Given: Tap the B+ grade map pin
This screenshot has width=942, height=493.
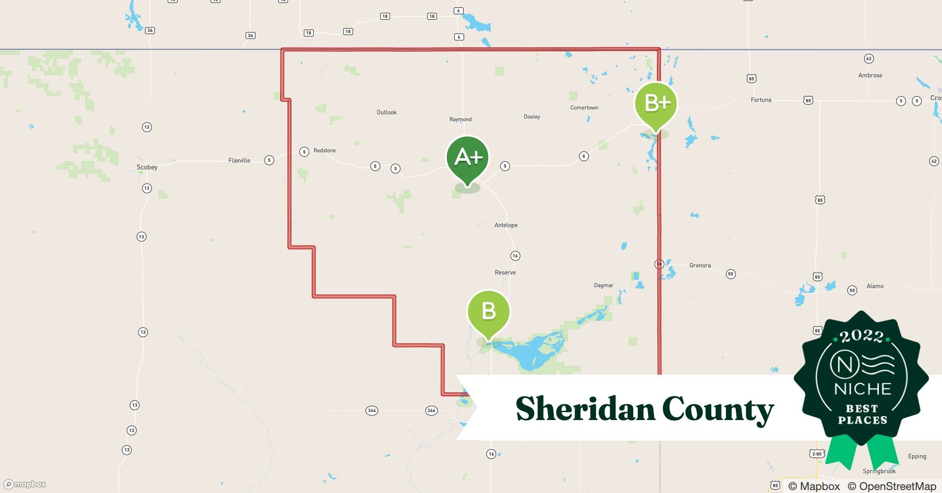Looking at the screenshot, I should pos(656,104).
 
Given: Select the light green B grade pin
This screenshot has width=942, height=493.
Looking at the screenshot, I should pos(488,312).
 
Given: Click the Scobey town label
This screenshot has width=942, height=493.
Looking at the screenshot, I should pos(147,167).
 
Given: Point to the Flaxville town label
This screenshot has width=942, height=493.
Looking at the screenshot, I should pos(239,160).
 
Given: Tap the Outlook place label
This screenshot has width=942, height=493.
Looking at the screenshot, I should pos(387,112).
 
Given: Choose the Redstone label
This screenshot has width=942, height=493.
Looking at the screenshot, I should pos(325,150).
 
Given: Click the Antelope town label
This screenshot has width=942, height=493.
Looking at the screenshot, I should pos(506,225).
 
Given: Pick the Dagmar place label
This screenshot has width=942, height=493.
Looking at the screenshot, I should pos(604,285).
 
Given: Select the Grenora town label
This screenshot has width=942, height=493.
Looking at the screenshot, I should pos(700,265).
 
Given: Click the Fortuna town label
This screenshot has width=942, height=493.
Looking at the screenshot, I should pos(761,100).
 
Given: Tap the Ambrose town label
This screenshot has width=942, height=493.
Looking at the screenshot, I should pos(870,75).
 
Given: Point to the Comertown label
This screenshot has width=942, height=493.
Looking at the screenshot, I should pos(584,107).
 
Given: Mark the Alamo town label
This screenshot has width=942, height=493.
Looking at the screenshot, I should pos(875,286).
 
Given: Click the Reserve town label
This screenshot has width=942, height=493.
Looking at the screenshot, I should pos(505,272).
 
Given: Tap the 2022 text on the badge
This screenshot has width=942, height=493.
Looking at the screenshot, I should pos(862,336).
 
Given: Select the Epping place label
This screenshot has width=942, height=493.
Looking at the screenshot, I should pos(917,456).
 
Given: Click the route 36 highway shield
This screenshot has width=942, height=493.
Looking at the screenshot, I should pos(150,31).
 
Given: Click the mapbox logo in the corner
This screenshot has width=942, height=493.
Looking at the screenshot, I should pos(25,484).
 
